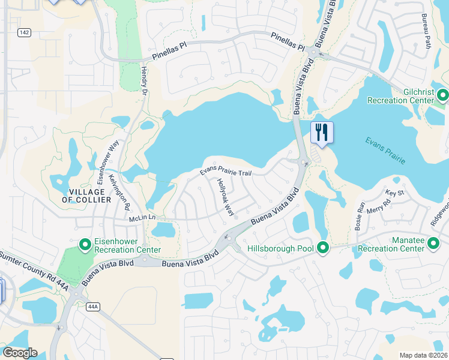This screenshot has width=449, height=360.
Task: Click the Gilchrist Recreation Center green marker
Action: click(443, 95)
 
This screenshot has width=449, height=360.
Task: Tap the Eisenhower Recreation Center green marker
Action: click(86, 244)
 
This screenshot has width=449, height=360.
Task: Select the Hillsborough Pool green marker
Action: click(323, 247)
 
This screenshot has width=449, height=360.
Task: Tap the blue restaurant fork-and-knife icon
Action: click(321, 132)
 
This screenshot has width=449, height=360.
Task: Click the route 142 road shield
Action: click(24, 33)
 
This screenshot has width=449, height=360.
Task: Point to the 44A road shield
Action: click(92, 307)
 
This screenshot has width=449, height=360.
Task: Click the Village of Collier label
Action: click(87, 195)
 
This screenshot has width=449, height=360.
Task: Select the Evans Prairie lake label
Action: click(385, 150)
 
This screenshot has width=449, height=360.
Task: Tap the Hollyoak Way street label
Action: click(225, 197)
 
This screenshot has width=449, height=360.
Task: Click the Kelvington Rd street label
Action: click(120, 192)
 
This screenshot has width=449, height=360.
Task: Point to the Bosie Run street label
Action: click(361, 213)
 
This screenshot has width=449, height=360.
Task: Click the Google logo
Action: click(20, 353)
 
